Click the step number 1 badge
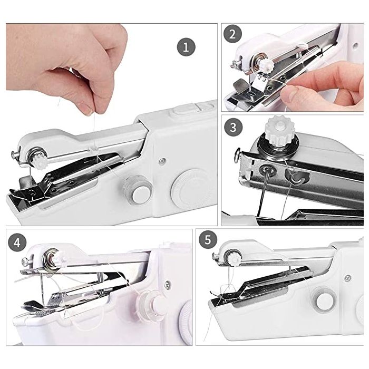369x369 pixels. click(x=186, y=46)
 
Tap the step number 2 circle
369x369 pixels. click(x=232, y=34)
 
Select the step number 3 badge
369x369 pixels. click(x=233, y=128)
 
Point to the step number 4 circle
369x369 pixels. click(x=17, y=242)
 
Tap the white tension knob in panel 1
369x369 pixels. click(x=40, y=161)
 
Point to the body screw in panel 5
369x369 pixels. click(x=347, y=278)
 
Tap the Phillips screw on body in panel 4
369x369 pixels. click(x=168, y=285)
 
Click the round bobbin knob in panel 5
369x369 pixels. click(x=325, y=302)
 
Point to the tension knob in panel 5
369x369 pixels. click(x=234, y=259)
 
